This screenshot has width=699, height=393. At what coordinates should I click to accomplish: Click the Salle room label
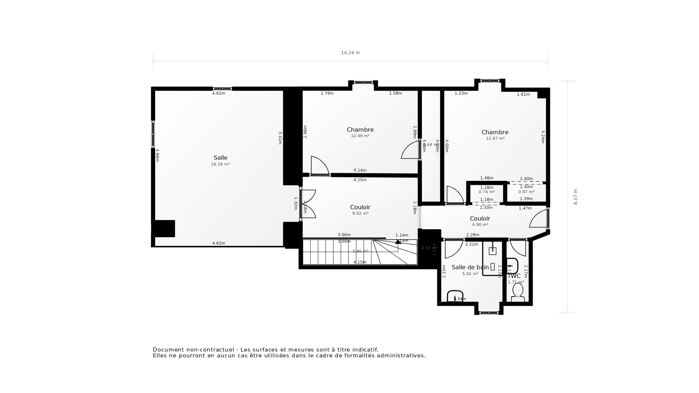tap(220, 158)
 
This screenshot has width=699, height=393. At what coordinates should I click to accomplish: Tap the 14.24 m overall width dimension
tap(350, 53)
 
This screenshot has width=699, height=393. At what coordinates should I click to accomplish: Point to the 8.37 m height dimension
tap(576, 197)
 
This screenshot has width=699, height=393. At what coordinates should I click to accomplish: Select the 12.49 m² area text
tap(360, 136)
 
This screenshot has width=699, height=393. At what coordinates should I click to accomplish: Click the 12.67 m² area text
tap(495, 139)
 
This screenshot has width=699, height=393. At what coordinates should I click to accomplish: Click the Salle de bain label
tap(470, 267)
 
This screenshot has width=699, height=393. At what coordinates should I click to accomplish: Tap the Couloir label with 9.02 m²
tap(360, 207)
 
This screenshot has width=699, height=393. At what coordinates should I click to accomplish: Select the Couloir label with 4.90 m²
tap(480, 218)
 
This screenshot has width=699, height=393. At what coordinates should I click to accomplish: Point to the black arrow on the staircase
tap(398, 241)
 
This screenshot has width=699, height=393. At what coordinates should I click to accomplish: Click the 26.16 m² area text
tap(220, 164)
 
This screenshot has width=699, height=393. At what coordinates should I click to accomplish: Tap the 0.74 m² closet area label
tap(486, 192)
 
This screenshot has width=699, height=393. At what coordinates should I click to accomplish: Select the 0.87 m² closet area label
tap(526, 192)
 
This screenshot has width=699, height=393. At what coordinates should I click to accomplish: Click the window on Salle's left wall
tap(153, 134)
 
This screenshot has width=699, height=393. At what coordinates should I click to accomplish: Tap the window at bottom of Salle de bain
tap(489, 312)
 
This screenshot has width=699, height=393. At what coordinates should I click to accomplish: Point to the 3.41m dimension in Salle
tap(280, 138)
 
